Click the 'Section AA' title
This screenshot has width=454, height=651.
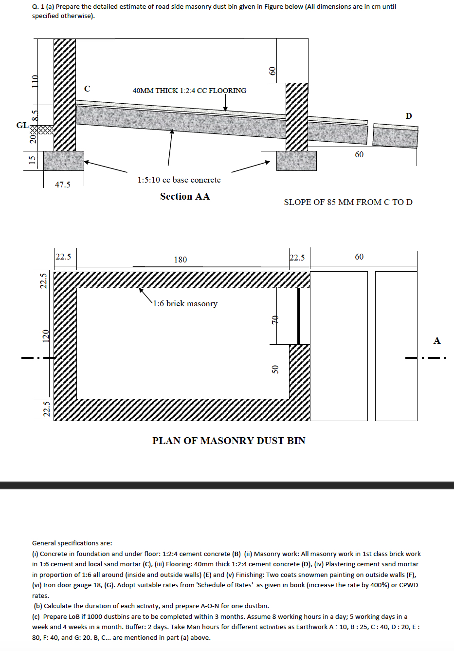coord(185,196)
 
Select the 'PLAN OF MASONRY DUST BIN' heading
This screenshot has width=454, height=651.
coord(229,441)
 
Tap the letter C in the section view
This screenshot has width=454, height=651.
coord(87,89)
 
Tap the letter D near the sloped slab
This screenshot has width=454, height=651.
coord(409,116)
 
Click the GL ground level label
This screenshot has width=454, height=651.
coord(22,125)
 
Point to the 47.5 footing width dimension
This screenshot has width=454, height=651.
coord(62,185)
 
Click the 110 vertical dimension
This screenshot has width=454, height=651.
coord(35,81)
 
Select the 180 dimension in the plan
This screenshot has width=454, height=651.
coord(181,260)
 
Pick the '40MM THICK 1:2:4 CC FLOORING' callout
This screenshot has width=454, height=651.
coord(189,91)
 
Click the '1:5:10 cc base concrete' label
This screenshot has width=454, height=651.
coord(179,180)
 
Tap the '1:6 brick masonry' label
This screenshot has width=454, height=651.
coord(185,303)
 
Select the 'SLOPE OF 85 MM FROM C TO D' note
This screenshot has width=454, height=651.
coord(348,202)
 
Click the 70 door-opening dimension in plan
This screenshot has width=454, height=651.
coord(274,320)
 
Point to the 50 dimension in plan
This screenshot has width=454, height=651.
coord(275,370)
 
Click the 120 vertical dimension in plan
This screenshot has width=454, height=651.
coord(46,335)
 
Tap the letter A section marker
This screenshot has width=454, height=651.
coord(437,340)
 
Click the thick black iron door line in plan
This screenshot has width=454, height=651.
coord(299,316)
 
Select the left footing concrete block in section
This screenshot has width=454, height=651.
coord(64,161)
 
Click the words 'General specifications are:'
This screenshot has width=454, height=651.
coord(72,543)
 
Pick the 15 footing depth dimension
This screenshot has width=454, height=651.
coord(33,159)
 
